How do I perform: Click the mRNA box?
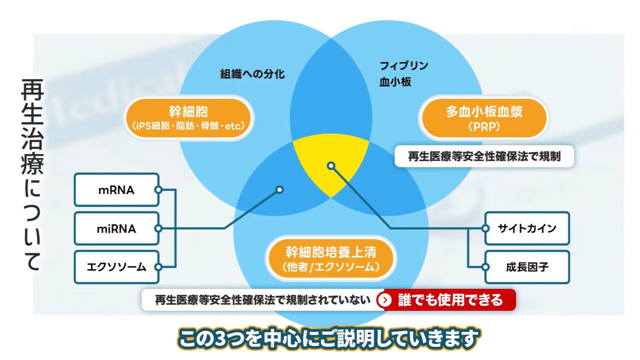point(116,190)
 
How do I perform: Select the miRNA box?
point(116,229)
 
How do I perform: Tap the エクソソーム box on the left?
point(116,267)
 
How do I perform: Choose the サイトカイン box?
point(527,228)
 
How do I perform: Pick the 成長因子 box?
point(527,267)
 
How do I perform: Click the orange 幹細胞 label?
point(188,118)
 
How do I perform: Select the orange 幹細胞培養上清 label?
point(331,259)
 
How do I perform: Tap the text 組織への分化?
point(252,74)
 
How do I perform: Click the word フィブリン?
point(404,66)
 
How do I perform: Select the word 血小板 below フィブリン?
point(395,82)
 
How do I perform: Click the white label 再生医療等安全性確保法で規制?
point(484,156)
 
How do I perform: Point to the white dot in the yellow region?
point(331,165)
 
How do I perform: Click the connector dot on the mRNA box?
point(158,190)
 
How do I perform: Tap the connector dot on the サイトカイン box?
point(484,228)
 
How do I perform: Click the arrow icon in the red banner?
point(384,300)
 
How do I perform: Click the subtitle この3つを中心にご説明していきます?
point(329,338)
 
